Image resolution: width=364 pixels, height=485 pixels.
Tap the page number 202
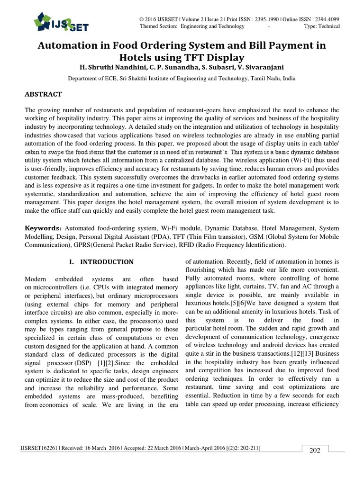(x=315, y=450)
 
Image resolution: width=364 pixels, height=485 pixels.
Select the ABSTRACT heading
(x=43, y=94)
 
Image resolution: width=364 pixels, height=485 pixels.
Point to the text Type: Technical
(x=322, y=27)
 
